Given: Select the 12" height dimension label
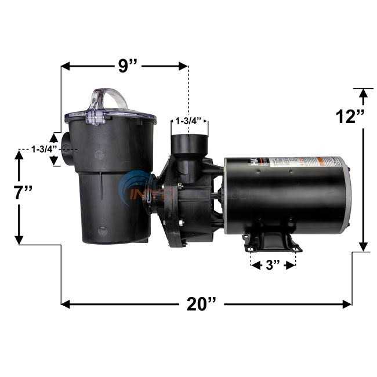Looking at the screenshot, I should coord(350,116).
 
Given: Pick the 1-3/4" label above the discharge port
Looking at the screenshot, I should coord(188,121).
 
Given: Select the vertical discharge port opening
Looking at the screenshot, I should coord(189,141).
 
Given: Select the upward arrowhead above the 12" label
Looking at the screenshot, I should coord(364,92).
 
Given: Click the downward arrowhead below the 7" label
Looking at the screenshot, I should coord(19,240).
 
